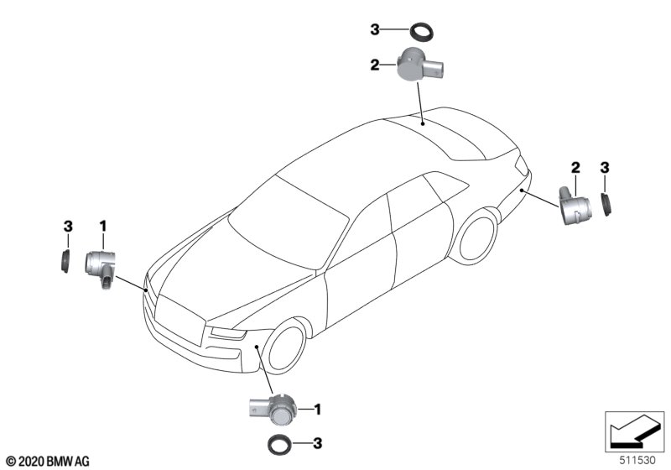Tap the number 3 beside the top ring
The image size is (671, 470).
(377, 31)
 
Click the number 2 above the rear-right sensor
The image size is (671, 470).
(575, 167)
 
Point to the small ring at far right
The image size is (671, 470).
(606, 203)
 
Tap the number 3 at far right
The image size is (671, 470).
(604, 167)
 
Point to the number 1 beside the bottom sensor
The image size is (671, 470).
(318, 410)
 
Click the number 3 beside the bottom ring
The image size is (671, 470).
(318, 442)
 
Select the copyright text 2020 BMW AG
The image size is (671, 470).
(47, 461)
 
